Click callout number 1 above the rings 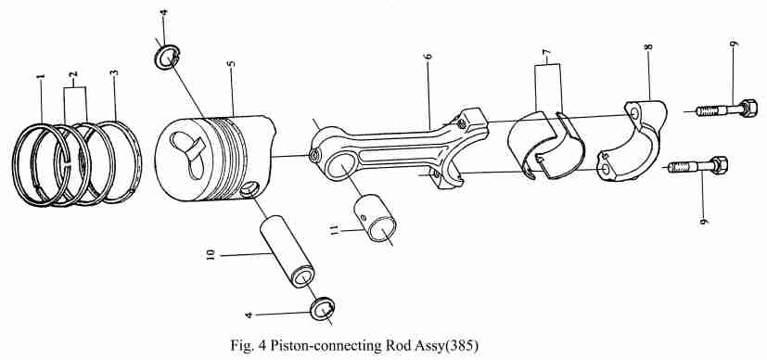coord(42,77)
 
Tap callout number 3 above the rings coord(115,73)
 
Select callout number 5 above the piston coord(232,64)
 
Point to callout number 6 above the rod coord(428,57)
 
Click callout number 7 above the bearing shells coord(546,51)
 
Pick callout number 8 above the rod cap coord(648,47)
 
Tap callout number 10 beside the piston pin coord(211,254)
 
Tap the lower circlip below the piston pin coord(323,309)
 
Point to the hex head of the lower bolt coord(719,165)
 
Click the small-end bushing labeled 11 coord(375,218)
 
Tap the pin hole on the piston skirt coord(250,188)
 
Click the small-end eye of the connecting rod coord(337,167)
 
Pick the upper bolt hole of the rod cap coord(634,113)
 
